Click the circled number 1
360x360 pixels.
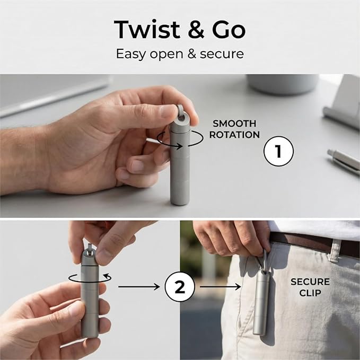pyautogui.click(x=278, y=153)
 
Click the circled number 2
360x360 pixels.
pyautogui.click(x=179, y=287)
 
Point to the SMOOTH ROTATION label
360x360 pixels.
pyautogui.click(x=234, y=129)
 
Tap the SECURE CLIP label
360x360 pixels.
pyautogui.click(x=310, y=287)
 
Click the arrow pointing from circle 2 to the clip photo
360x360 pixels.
pyautogui.click(x=218, y=287)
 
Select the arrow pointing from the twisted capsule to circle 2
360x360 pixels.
pyautogui.click(x=139, y=287)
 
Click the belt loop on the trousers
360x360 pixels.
pyautogui.click(x=336, y=249)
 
